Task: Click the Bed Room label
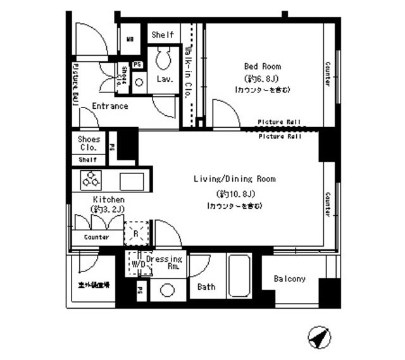click(x=263, y=66)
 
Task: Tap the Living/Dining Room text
click(x=234, y=179)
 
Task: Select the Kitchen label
click(x=108, y=199)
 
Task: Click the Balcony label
click(x=289, y=279)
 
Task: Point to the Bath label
click(x=206, y=287)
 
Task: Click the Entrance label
click(x=110, y=106)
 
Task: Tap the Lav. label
click(x=166, y=79)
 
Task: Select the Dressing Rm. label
click(x=164, y=263)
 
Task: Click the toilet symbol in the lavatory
click(x=164, y=59)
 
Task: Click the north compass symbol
click(x=320, y=337)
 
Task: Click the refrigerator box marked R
click(x=137, y=233)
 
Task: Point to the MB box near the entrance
click(x=130, y=39)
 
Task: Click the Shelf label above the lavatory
click(x=163, y=35)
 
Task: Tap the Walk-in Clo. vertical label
click(x=188, y=70)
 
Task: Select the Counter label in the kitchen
click(x=96, y=237)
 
